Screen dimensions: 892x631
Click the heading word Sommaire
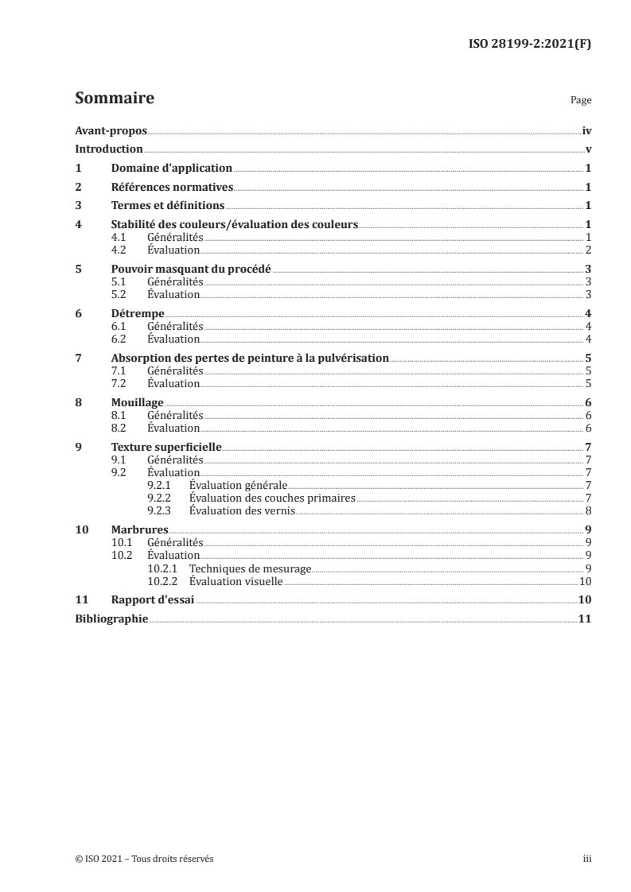[114, 99]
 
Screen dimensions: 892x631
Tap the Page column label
[581, 101]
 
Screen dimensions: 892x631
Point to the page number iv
[586, 130]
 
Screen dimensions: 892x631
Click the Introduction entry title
[109, 149]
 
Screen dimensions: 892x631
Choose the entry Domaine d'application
[171, 169]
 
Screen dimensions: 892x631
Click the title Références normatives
[171, 188]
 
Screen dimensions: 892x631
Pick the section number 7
[77, 358]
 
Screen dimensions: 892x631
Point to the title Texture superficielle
[166, 448]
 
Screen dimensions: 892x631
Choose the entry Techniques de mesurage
[250, 568]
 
